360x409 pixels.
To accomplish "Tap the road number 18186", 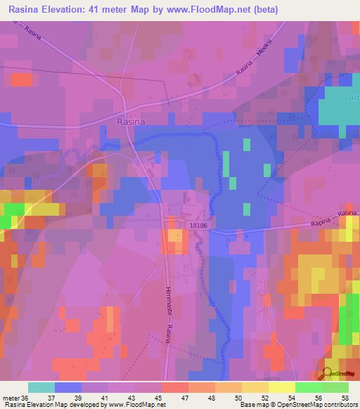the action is [198, 224].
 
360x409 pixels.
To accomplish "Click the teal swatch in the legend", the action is [41, 387].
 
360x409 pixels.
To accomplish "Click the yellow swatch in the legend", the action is [281, 387].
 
